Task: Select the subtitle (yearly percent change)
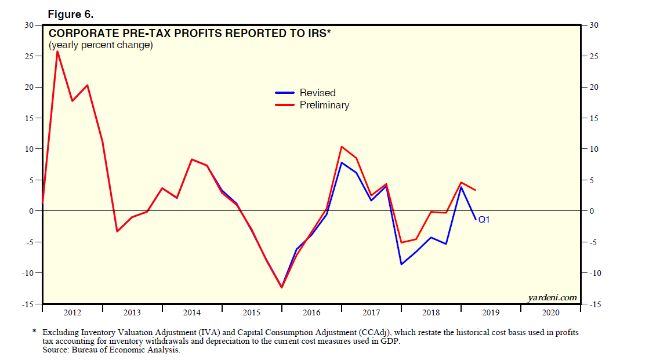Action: click(x=100, y=45)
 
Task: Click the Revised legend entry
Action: click(x=317, y=93)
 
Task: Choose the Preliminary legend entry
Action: click(x=324, y=105)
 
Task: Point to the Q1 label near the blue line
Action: click(x=484, y=220)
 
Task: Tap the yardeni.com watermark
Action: click(x=553, y=298)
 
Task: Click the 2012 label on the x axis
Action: click(x=72, y=313)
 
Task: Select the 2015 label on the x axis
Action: click(x=252, y=313)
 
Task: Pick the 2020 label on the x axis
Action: click(x=550, y=313)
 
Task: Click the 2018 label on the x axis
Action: click(x=431, y=313)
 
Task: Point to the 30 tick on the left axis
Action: click(x=28, y=25)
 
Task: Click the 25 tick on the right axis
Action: click(x=594, y=56)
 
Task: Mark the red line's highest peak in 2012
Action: click(x=57, y=51)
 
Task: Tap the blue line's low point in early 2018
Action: click(x=401, y=264)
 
